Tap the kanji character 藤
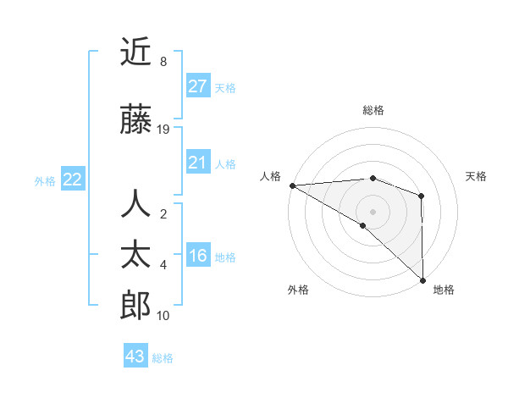(135, 121)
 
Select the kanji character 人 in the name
(135, 204)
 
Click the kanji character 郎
(135, 304)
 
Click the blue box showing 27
(198, 86)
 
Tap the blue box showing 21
(198, 163)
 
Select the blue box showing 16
(198, 257)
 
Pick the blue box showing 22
(73, 180)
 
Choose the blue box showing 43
(135, 357)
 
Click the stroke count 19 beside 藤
(163, 130)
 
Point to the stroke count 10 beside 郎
(163, 316)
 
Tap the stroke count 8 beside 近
(163, 62)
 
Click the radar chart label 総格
(373, 110)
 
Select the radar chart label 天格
(477, 176)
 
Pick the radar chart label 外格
(297, 290)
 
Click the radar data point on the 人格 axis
(292, 185)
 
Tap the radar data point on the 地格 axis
(422, 279)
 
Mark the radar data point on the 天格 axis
(422, 196)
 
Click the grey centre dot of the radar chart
(373, 211)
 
